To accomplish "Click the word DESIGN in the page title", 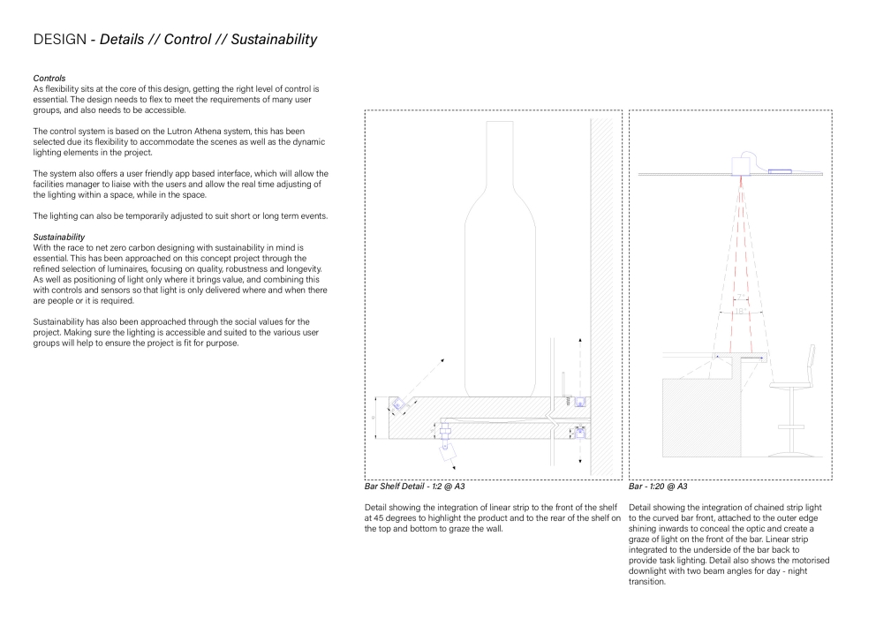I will pyautogui.click(x=59, y=40).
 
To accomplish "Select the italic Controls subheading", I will pyautogui.click(x=49, y=79).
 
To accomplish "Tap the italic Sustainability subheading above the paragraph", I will pyautogui.click(x=58, y=237).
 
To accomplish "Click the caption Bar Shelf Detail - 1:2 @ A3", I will pyautogui.click(x=414, y=487).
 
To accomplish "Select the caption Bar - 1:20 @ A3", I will pyautogui.click(x=658, y=487).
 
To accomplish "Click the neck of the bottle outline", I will pyautogui.click(x=501, y=150).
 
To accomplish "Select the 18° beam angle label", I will pyautogui.click(x=738, y=357).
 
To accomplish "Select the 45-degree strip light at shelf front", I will pyautogui.click(x=399, y=404).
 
